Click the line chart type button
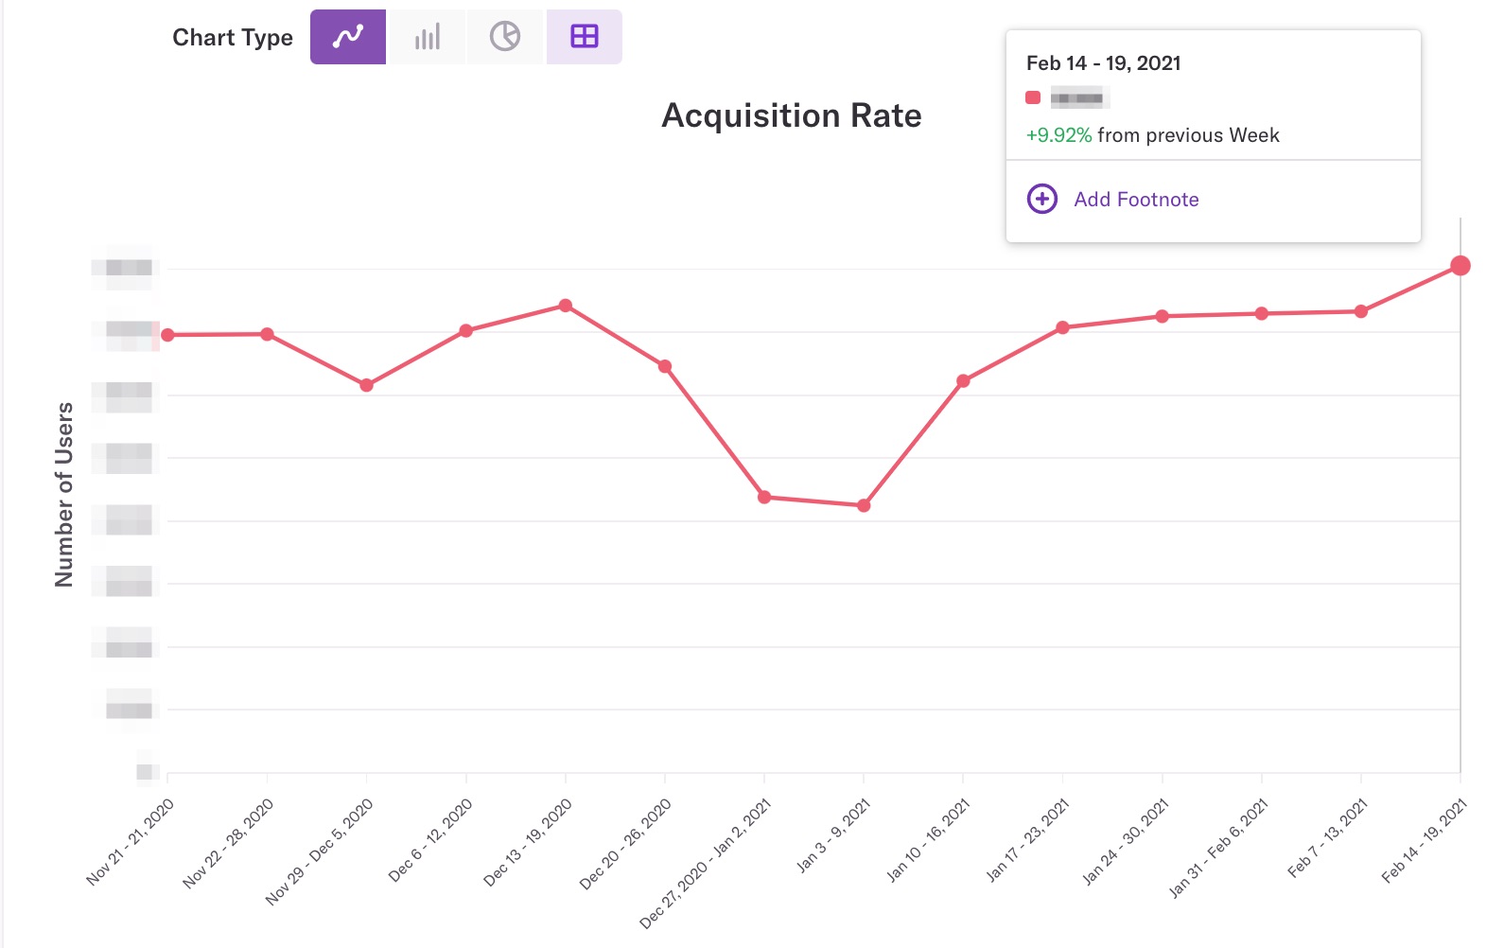pyautogui.click(x=348, y=37)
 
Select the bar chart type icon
pyautogui.click(x=428, y=37)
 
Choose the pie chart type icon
pyautogui.click(x=505, y=37)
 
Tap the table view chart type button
pyautogui.click(x=585, y=37)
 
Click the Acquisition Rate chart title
pyautogui.click(x=791, y=115)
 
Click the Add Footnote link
pyautogui.click(x=1136, y=200)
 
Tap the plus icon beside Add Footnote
pyautogui.click(x=1042, y=199)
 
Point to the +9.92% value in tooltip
pyautogui.click(x=1058, y=135)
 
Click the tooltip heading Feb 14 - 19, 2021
pyautogui.click(x=1103, y=63)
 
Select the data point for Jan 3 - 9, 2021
pyautogui.click(x=864, y=506)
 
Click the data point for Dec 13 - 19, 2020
pyautogui.click(x=566, y=306)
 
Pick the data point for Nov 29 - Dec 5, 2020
pyautogui.click(x=367, y=385)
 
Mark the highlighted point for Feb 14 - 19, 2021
pyautogui.click(x=1460, y=266)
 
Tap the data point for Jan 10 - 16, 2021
pyautogui.click(x=963, y=381)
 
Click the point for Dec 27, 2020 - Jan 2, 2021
pyautogui.click(x=764, y=497)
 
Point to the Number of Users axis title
pyautogui.click(x=64, y=494)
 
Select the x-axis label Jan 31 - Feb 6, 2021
pyautogui.click(x=1218, y=847)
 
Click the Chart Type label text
pyautogui.click(x=233, y=38)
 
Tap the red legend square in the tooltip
pyautogui.click(x=1033, y=97)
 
